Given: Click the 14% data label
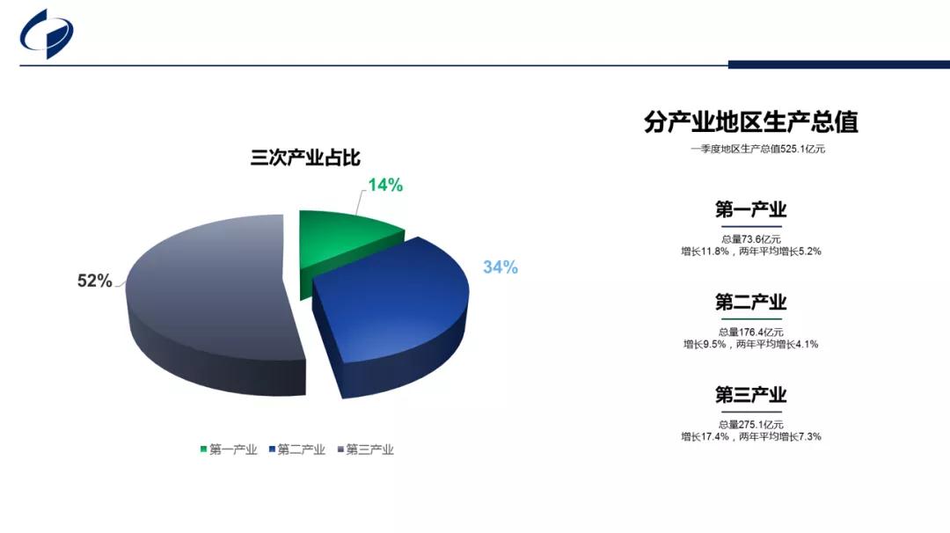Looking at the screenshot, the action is (x=385, y=186).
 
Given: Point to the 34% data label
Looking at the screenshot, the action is (x=501, y=267).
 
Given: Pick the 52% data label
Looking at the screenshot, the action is (x=94, y=281).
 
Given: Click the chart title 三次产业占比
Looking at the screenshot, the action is (x=305, y=157).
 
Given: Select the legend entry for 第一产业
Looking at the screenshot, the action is (x=229, y=449).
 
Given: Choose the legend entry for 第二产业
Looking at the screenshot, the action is (x=297, y=449).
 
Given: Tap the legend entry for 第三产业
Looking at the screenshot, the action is (x=366, y=449).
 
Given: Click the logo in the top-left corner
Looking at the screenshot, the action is (x=47, y=34).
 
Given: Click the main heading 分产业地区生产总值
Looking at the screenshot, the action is (x=751, y=121).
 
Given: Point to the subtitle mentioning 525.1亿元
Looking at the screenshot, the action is (x=757, y=149).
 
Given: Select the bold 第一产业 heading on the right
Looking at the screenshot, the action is (x=750, y=209).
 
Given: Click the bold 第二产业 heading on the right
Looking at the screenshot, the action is (x=750, y=302).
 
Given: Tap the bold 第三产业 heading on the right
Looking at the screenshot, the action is (x=750, y=394).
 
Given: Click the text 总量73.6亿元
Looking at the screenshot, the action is (x=751, y=239).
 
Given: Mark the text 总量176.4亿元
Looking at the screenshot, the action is (x=751, y=332).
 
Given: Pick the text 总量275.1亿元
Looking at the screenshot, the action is (x=751, y=425).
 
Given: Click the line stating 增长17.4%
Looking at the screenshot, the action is (x=751, y=437).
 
